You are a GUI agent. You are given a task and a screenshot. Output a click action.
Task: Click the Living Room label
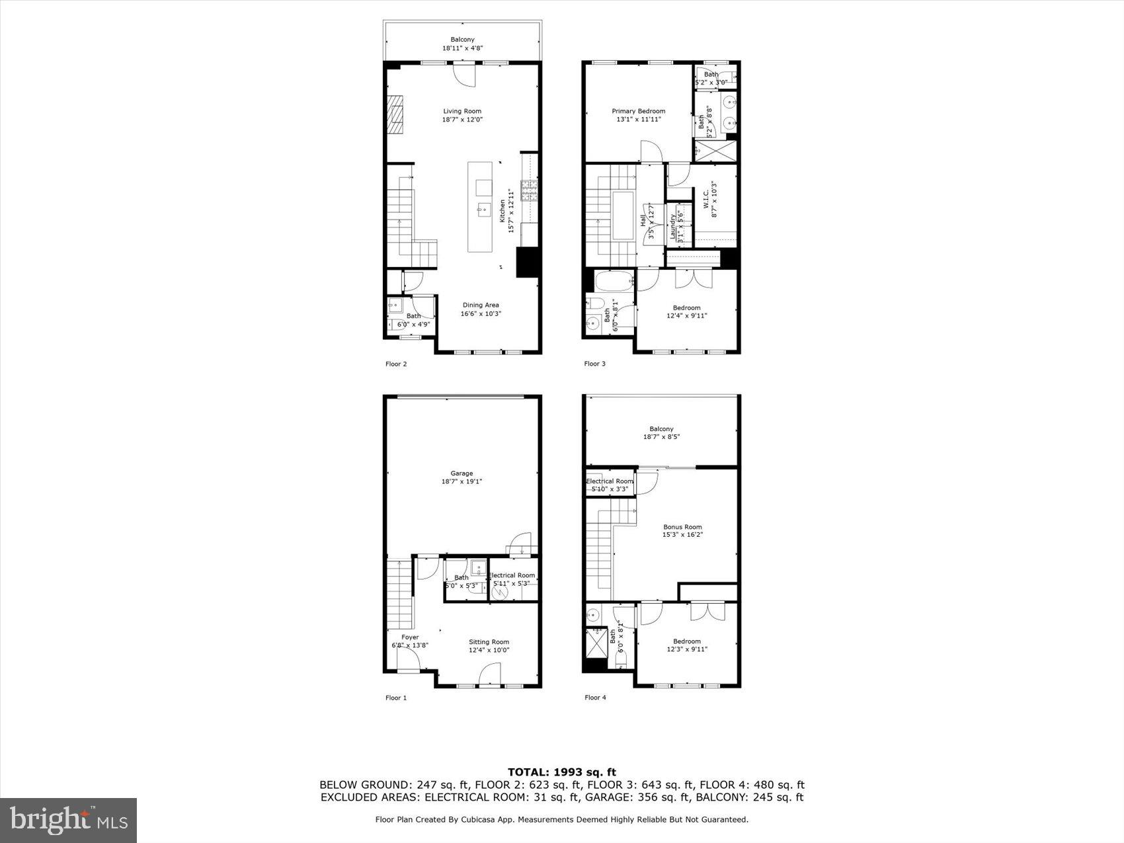pos(462,111)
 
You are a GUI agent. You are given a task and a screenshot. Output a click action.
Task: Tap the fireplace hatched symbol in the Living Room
pos(395,115)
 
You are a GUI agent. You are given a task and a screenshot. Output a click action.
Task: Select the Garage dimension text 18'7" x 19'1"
pos(462,482)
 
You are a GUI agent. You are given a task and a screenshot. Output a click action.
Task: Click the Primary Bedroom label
pos(638,111)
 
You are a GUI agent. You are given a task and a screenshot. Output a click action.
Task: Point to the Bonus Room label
pos(682,527)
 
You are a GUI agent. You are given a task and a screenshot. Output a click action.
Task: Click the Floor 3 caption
pos(594,364)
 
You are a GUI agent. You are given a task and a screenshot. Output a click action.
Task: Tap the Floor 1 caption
pos(396,698)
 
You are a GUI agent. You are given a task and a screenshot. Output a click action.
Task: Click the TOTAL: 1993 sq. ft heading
pos(561,772)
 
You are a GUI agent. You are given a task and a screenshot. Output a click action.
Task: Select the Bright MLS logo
pos(69,820)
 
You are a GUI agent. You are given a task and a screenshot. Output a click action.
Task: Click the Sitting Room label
pos(489,642)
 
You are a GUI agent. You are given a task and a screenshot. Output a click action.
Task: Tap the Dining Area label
pos(481,305)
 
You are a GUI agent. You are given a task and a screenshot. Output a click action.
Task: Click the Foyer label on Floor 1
pos(410,637)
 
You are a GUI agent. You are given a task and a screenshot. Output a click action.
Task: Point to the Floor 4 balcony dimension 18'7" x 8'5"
pos(661,437)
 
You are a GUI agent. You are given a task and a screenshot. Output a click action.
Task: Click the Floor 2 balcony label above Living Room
pos(462,40)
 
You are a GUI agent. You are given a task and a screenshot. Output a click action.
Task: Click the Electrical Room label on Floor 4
pos(610,481)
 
